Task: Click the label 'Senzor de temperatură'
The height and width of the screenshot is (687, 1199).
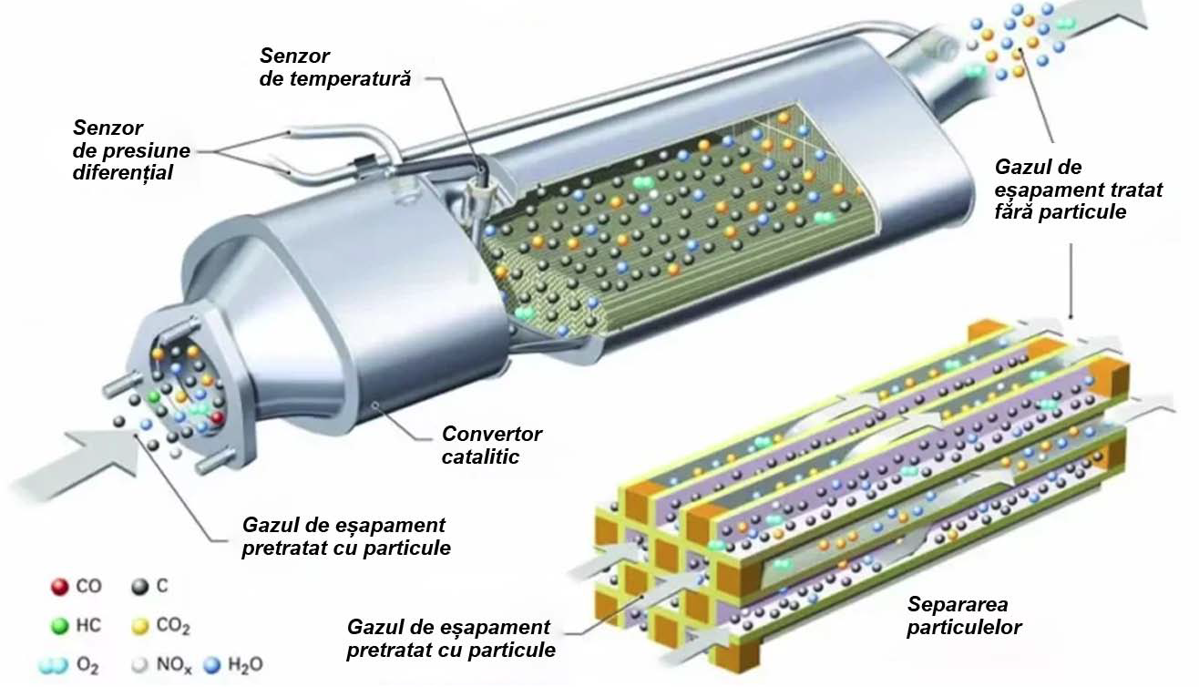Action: click(334, 68)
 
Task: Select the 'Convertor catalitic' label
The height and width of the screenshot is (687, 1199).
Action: click(491, 446)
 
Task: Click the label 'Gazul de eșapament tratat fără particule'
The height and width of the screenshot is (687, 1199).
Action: click(1065, 190)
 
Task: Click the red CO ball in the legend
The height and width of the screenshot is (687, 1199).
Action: click(59, 587)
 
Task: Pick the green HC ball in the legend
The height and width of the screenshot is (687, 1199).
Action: click(59, 626)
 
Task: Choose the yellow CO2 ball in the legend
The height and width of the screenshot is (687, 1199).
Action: click(139, 627)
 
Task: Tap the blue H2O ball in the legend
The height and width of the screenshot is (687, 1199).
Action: click(215, 665)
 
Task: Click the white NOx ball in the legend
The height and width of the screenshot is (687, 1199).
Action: click(139, 666)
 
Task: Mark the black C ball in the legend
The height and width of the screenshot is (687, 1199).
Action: click(139, 587)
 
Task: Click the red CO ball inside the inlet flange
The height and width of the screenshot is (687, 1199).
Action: click(217, 417)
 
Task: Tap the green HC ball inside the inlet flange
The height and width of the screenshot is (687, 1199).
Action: click(156, 397)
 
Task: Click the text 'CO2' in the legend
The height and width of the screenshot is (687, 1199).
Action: click(173, 627)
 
